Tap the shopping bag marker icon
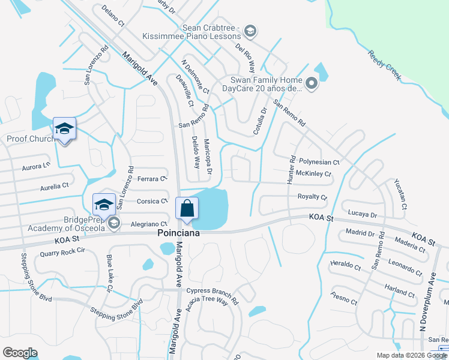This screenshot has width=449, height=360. pyautogui.click(x=187, y=208)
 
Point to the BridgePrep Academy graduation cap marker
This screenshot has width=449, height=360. pyautogui.click(x=104, y=205)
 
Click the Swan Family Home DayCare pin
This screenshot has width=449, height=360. pyautogui.click(x=312, y=83)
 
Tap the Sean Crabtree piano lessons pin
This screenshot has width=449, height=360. pyautogui.click(x=250, y=31)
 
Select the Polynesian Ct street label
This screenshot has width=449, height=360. pyautogui.click(x=319, y=162)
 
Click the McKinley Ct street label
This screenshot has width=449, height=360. pyautogui.click(x=314, y=174)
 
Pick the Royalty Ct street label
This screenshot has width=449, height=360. pyautogui.click(x=312, y=197)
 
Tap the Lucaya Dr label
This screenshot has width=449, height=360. pyautogui.click(x=361, y=214)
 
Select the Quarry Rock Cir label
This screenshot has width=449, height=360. pyautogui.click(x=62, y=253)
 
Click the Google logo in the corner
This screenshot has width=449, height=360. pyautogui.click(x=20, y=353)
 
